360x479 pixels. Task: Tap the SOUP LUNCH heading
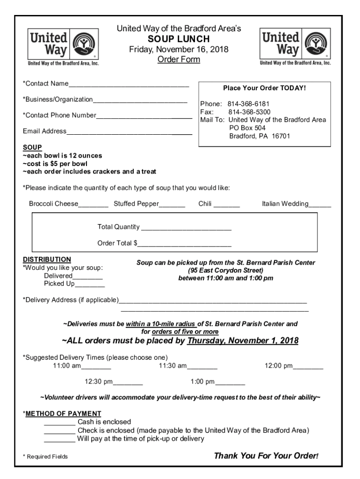(179, 39)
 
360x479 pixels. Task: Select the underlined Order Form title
(179, 59)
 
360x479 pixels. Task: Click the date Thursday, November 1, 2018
(243, 341)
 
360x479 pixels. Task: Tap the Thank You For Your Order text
(266, 456)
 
